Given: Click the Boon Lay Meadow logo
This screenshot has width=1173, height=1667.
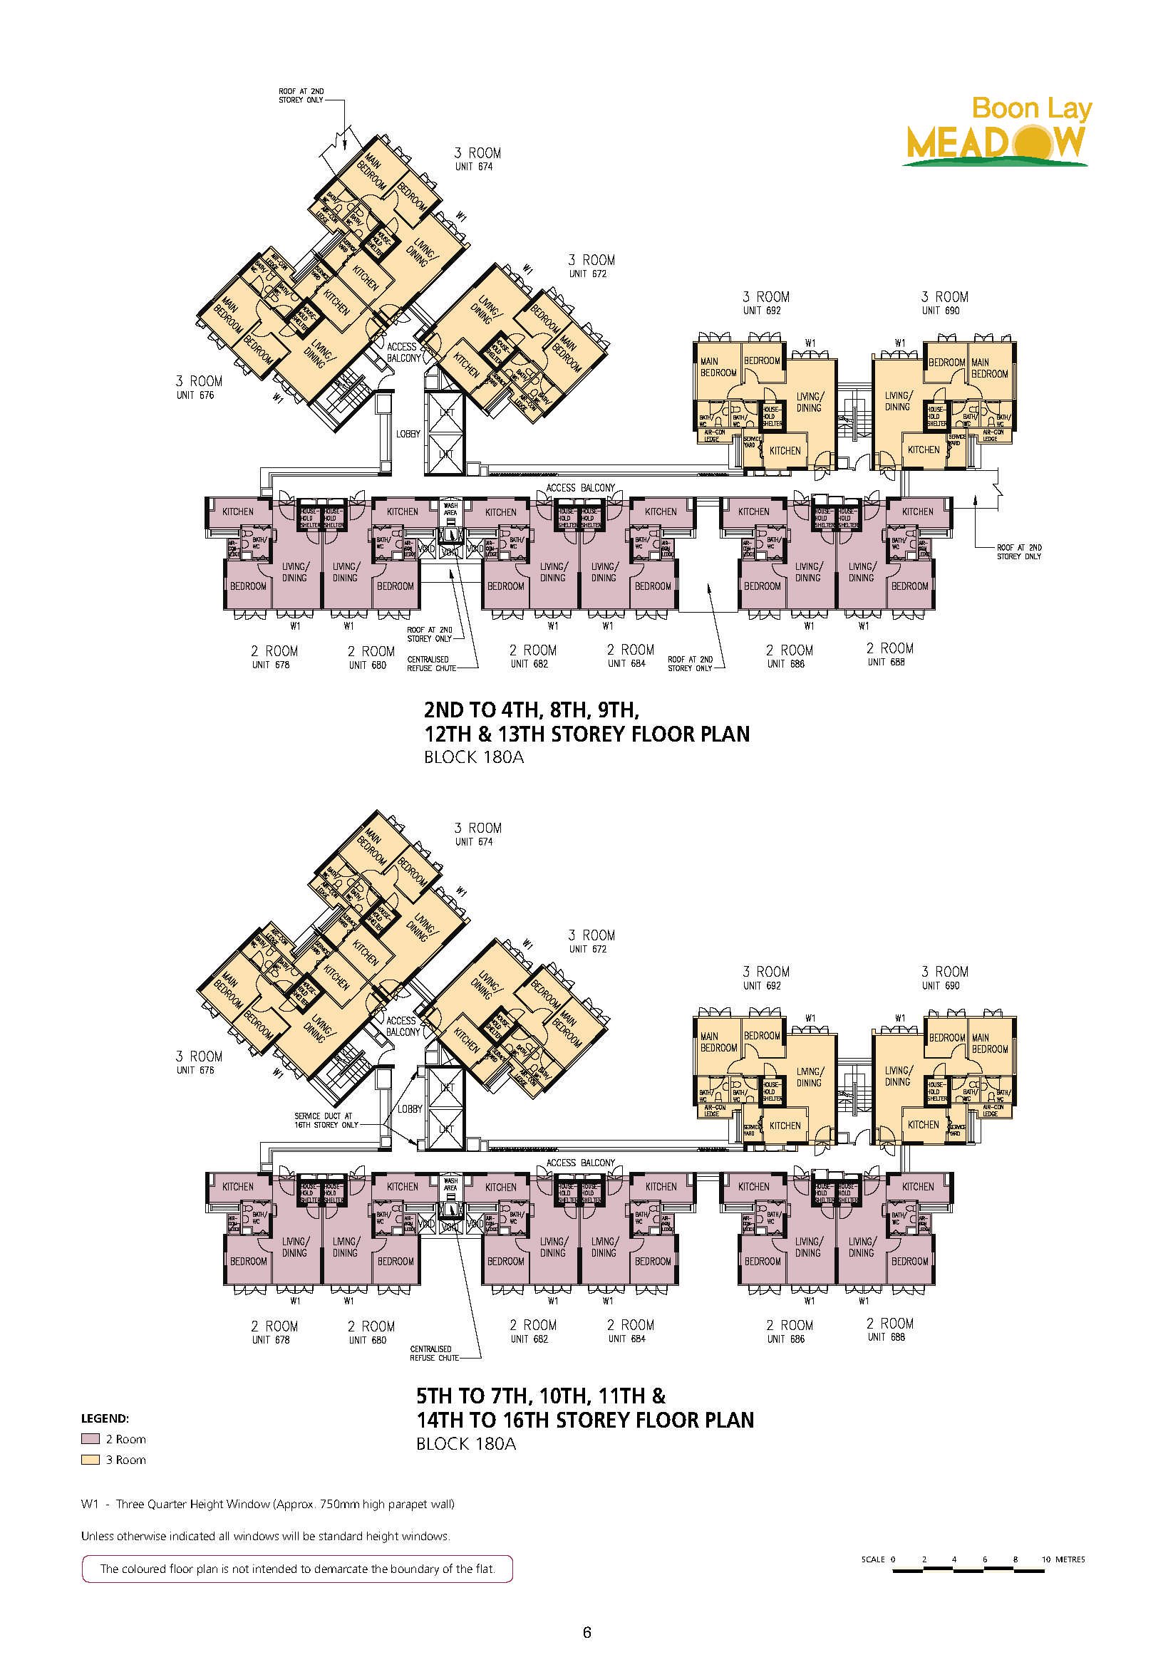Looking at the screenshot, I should pyautogui.click(x=996, y=132).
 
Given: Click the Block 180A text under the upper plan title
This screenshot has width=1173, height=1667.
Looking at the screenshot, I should pyautogui.click(x=474, y=757).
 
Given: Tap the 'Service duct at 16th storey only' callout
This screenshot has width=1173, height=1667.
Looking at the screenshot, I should pyautogui.click(x=326, y=1121).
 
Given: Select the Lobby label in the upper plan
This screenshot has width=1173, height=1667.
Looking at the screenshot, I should pyautogui.click(x=408, y=434).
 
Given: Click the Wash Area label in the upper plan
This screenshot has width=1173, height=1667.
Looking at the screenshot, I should pyautogui.click(x=450, y=509).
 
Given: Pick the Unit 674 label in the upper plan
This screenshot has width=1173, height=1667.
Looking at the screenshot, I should pyautogui.click(x=475, y=167).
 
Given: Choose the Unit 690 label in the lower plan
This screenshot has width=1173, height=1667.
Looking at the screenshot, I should pyautogui.click(x=941, y=986).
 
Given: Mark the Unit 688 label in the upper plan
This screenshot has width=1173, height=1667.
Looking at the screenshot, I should pyautogui.click(x=886, y=662).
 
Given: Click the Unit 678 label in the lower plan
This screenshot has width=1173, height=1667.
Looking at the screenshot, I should pyautogui.click(x=271, y=1339).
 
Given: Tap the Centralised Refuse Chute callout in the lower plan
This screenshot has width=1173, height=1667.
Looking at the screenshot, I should pyautogui.click(x=434, y=1354).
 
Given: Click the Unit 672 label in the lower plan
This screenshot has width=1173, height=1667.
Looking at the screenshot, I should pyautogui.click(x=589, y=949).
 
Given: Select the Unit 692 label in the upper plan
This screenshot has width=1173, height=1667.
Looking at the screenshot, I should pyautogui.click(x=762, y=311).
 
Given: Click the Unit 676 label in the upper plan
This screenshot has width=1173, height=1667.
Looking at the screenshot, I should pyautogui.click(x=195, y=395).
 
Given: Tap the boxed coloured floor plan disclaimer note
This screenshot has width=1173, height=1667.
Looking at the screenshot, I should pyautogui.click(x=297, y=1569).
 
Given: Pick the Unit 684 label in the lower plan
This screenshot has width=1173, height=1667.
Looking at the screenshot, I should pyautogui.click(x=627, y=1339).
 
